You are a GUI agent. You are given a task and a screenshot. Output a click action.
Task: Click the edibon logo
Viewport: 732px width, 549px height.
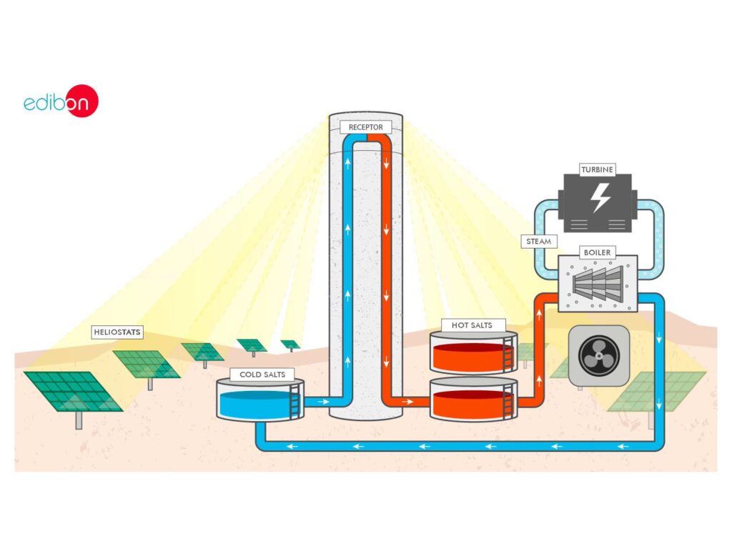coord(61,102)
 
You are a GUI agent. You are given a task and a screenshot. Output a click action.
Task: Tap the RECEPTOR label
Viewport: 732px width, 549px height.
coord(365,127)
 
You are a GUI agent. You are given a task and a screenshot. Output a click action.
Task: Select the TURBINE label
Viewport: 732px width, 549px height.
coord(598,170)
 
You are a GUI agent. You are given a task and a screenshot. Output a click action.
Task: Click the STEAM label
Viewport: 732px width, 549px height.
coord(538,242)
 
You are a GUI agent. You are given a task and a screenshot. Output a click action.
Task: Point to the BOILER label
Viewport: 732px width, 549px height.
coord(598,252)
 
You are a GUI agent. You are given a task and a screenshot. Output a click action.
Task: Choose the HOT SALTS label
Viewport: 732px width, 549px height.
coord(473,325)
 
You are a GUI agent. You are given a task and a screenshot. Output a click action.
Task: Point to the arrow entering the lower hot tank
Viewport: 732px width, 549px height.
coord(408,402)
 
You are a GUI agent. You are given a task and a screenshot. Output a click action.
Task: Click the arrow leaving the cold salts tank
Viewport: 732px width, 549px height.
coord(323,402)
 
